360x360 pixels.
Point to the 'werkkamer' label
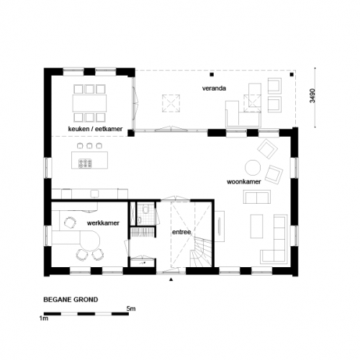(x=103, y=224)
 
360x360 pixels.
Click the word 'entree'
(x=181, y=232)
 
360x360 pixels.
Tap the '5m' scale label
(x=130, y=309)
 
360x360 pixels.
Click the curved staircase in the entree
(x=200, y=253)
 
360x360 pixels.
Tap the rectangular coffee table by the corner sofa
(x=256, y=225)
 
